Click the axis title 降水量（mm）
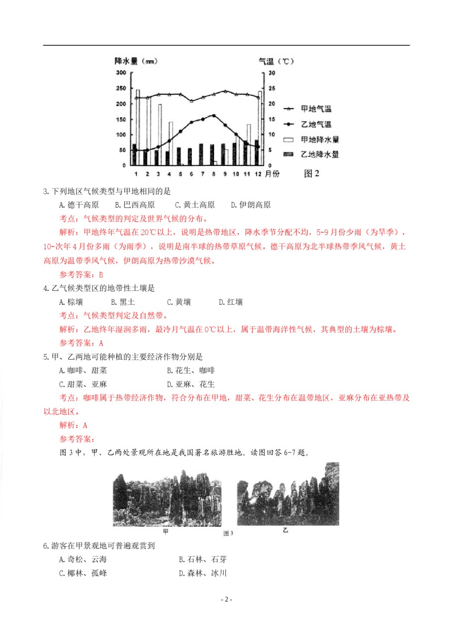point(136,61)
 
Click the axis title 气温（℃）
point(276,61)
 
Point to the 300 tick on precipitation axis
point(121,72)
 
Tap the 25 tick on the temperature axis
point(272,88)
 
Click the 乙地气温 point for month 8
point(214,116)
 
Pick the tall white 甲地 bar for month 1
point(138,126)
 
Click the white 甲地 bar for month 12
point(260,128)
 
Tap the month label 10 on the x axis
point(236,174)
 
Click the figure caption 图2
point(311,174)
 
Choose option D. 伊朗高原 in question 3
point(251,205)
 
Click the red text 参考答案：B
point(81,275)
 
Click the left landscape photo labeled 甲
point(167,498)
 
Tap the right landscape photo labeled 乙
point(288,494)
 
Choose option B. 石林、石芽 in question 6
point(203,559)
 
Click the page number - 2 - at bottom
point(226,600)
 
